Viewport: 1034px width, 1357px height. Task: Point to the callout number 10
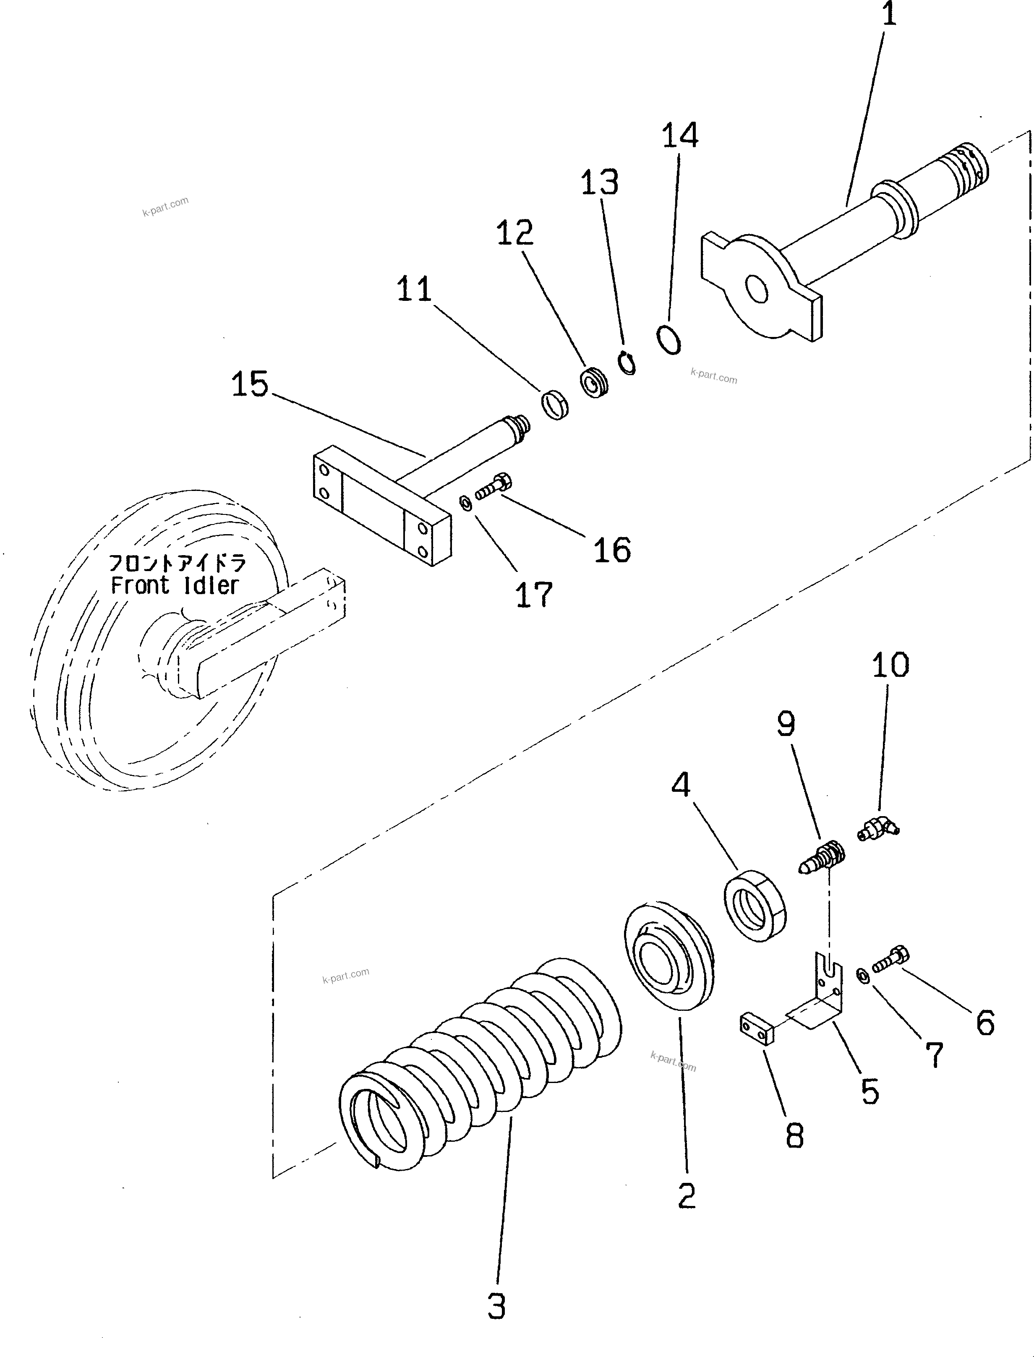click(890, 665)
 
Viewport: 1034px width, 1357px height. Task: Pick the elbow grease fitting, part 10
click(877, 830)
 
